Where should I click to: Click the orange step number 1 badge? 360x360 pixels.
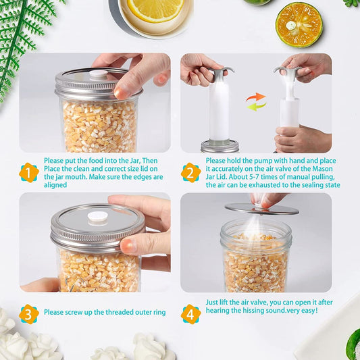tap(29, 173)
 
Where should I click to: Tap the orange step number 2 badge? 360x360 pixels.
tap(190, 173)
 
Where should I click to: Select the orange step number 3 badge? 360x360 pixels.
tap(29, 314)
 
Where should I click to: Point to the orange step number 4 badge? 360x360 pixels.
tap(190, 314)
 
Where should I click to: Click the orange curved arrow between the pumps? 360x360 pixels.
tap(256, 97)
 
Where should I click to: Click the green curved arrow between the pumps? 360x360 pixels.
tap(257, 107)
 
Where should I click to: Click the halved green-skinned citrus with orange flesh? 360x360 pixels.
tap(299, 24)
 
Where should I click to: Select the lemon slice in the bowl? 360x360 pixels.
tap(155, 10)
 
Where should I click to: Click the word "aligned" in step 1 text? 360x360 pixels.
tap(55, 185)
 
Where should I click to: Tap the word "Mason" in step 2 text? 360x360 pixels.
tap(322, 169)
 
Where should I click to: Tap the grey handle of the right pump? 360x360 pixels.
tap(288, 70)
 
